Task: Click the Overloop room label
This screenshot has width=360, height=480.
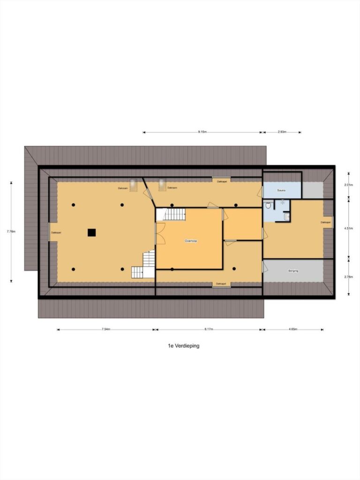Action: pos(191,240)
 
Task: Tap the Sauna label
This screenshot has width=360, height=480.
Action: pos(281,190)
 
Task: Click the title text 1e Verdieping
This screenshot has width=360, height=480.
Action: pos(184,346)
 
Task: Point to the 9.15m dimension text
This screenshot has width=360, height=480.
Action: pos(202,132)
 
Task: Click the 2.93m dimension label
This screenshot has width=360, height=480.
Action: pos(282,132)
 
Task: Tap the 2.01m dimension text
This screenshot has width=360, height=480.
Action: pos(348,185)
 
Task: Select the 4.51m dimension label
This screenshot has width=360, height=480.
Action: pos(348,228)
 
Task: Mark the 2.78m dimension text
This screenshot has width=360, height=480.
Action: pos(348,277)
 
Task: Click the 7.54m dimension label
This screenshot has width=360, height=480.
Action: pos(106,330)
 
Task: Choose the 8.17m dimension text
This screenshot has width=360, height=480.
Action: pos(209,330)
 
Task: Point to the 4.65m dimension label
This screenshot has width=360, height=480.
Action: pos(293,330)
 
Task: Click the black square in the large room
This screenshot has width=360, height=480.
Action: pos(91,232)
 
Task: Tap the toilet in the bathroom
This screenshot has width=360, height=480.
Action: pos(268,205)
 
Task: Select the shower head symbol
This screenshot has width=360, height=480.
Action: pos(283,203)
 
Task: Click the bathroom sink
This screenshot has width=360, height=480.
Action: pos(286,217)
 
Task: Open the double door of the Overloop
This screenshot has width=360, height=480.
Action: pos(160,233)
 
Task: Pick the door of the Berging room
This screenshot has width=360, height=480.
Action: pos(265,268)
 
